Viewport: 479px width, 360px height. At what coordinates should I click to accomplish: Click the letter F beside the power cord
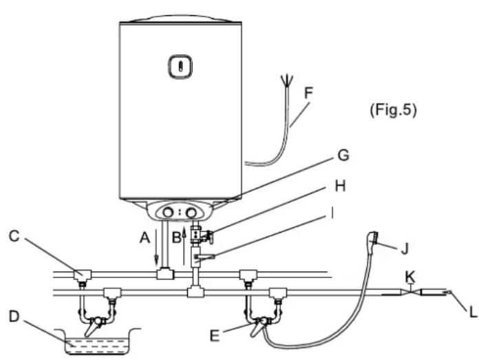click(308, 93)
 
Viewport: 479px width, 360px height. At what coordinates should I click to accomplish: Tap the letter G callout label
click(343, 156)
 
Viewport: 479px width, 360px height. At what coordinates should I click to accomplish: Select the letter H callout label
click(340, 186)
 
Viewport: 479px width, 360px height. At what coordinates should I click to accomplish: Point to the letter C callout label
click(14, 236)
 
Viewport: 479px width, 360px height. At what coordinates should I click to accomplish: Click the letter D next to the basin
click(14, 317)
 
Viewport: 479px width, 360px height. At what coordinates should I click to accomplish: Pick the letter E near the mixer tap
click(215, 336)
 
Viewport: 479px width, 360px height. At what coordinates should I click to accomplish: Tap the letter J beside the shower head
click(405, 248)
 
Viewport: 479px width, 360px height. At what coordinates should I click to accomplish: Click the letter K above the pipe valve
click(410, 277)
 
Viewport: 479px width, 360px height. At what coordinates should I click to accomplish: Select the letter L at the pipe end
click(473, 312)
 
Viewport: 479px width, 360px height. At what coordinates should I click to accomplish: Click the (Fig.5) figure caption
click(393, 109)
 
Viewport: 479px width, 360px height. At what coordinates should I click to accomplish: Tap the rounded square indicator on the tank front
click(180, 66)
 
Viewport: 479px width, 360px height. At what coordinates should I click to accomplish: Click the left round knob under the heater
click(168, 212)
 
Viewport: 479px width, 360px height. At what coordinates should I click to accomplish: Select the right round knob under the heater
click(191, 213)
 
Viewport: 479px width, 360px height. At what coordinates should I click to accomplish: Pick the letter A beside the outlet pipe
click(145, 237)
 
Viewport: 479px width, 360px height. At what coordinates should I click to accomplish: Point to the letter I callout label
click(332, 213)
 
